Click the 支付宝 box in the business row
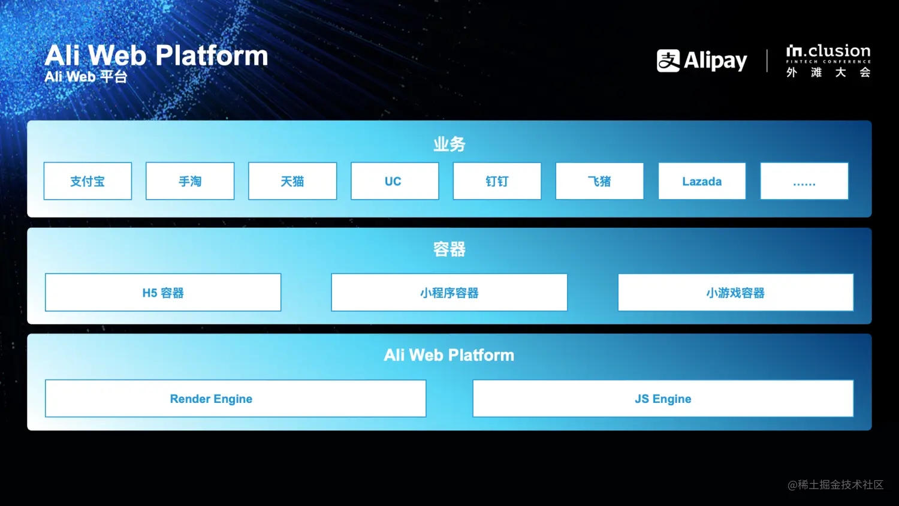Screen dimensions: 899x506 coord(88,181)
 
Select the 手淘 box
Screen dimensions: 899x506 coord(190,181)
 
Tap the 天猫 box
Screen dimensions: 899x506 coord(292,181)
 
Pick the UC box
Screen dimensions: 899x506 coord(395,181)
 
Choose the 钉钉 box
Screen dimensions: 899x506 coord(497,181)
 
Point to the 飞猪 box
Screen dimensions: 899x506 coord(599,181)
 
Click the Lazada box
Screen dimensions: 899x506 coord(702,181)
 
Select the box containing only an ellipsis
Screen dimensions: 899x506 coord(804,181)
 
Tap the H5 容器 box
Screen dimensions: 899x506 coord(163,293)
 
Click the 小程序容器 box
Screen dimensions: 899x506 coord(449,293)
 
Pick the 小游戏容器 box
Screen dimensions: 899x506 coord(735,293)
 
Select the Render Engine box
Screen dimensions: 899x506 coord(236,398)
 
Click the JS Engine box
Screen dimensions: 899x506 coord(663,398)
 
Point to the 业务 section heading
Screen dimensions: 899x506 coord(449,144)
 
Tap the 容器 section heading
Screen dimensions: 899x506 coord(449,249)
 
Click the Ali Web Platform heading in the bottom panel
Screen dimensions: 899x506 coord(449,355)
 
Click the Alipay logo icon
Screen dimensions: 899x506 coord(668,61)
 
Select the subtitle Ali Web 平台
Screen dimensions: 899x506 coord(86,76)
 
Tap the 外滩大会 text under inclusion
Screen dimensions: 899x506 coord(828,73)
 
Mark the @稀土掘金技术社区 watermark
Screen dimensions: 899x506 coord(835,484)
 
